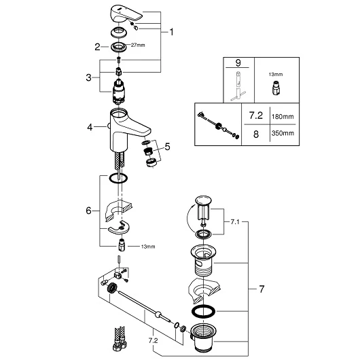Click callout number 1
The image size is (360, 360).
pos(171,32)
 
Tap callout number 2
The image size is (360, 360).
pos(97,47)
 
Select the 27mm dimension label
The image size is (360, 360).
pos(138,46)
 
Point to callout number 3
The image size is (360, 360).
pos(88,77)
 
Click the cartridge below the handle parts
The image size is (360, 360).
pos(118,91)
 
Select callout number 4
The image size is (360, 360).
pos(90,127)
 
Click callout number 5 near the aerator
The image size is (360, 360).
pos(167,147)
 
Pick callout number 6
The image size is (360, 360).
pos(88,211)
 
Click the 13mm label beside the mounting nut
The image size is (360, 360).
pos(148,247)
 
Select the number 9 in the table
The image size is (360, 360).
pos(238,62)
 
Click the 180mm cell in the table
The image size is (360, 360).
pos(283,117)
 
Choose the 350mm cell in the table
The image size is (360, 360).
pos(283,133)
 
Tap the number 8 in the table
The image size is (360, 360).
pos(256,134)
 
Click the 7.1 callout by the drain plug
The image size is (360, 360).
pos(235,222)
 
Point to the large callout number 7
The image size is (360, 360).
pos(262,289)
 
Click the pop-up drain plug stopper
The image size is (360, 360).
pos(203,208)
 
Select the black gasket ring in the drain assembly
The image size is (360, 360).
pos(203,312)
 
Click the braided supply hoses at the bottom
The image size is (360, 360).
pos(120,338)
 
